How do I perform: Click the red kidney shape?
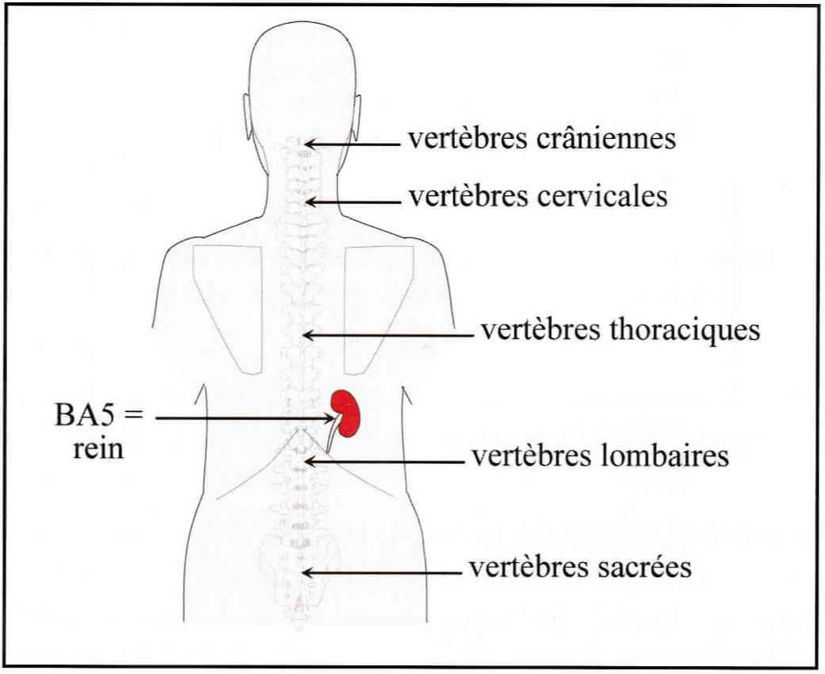tap(346, 414)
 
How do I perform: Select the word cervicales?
tap(602, 196)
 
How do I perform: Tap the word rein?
tap(98, 449)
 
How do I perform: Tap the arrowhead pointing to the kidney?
tap(331, 418)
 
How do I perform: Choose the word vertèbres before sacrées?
tap(530, 568)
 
